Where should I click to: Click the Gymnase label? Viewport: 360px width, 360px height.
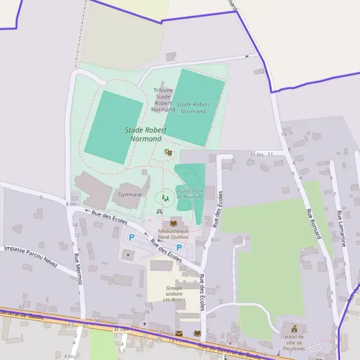130,194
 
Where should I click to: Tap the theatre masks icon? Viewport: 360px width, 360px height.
169,154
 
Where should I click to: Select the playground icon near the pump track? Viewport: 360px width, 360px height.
165,197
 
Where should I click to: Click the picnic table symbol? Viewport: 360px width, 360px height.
160,212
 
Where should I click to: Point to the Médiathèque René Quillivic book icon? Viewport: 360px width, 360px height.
174,221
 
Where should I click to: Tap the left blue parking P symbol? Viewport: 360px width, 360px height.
131,237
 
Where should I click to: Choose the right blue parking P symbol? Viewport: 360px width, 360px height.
179,247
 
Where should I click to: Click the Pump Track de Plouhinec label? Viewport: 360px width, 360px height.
190,193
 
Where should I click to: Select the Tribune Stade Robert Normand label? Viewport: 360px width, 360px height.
163,100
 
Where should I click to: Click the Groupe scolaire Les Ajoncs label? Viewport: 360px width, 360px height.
174,293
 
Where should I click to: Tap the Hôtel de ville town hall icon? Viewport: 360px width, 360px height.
294,328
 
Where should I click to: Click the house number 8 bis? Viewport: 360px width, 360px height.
71,205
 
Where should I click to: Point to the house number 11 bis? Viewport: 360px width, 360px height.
257,154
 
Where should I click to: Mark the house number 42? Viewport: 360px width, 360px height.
21,306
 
